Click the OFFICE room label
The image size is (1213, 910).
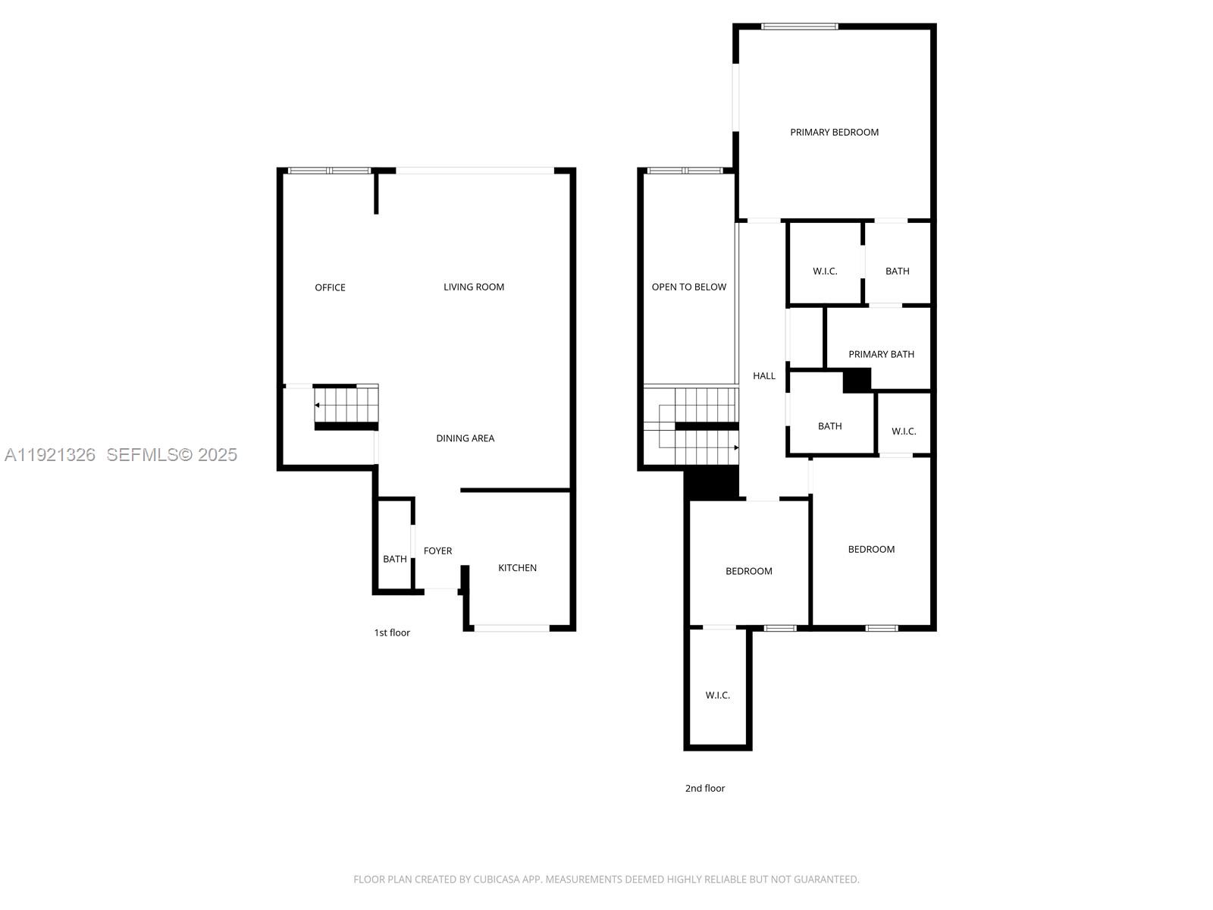click(330, 287)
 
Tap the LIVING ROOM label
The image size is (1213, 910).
click(474, 287)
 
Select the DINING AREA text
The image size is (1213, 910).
click(465, 438)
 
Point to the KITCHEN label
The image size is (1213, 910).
click(517, 568)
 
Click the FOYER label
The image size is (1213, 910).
click(437, 551)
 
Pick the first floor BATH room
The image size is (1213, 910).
click(394, 559)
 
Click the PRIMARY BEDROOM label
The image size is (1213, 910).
click(834, 132)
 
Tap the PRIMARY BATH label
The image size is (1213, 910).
click(881, 354)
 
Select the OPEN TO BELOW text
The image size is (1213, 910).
click(688, 287)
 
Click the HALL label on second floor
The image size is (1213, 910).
click(763, 376)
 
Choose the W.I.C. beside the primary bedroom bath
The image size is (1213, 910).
click(825, 271)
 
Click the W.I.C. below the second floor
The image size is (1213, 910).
click(717, 695)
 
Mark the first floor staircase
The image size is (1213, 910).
click(346, 406)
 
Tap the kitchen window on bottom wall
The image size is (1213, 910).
click(512, 628)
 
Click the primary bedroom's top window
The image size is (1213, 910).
click(800, 27)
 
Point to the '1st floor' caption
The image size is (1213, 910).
click(392, 632)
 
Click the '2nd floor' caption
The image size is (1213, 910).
click(705, 788)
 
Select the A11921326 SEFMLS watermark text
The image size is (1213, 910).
click(121, 454)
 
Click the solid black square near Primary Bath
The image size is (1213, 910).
click(857, 380)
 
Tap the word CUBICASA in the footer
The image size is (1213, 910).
click(497, 880)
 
